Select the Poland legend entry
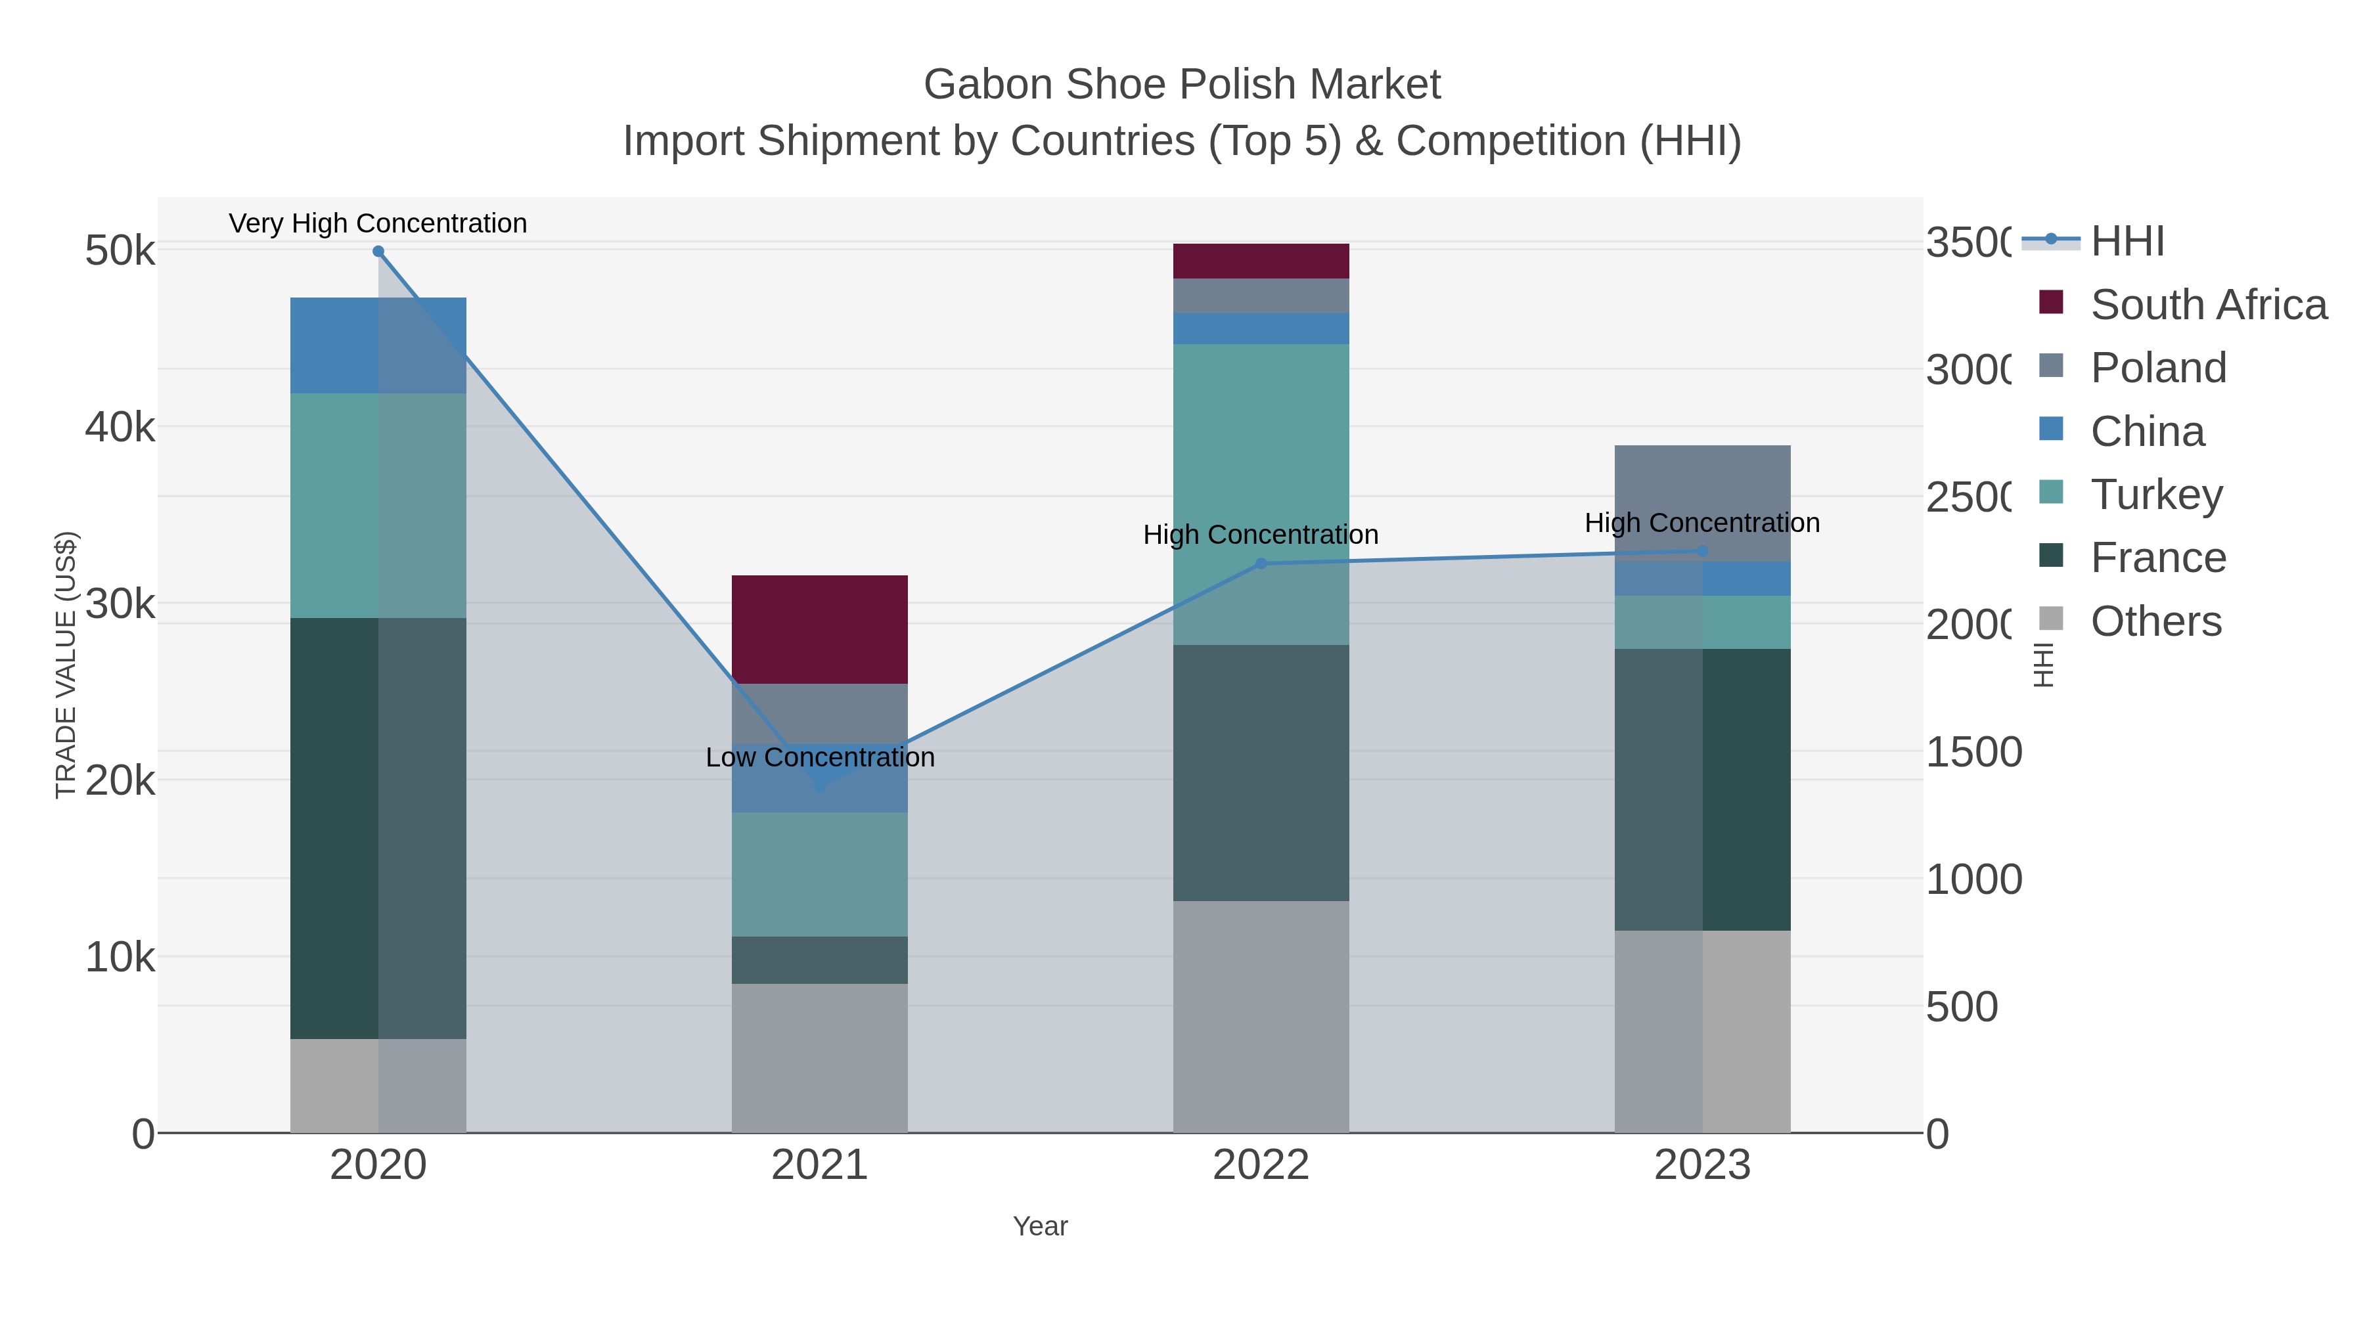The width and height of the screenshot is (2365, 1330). [x=2157, y=368]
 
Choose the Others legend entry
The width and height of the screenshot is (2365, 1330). [x=2155, y=621]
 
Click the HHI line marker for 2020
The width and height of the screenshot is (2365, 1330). [x=378, y=252]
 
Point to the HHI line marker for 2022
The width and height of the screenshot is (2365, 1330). [x=1261, y=564]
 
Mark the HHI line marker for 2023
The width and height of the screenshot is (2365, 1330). [x=1702, y=552]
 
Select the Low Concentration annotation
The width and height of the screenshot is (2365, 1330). [x=820, y=757]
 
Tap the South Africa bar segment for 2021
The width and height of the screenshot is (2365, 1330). [x=819, y=630]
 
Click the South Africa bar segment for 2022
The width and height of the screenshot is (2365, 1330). [x=1261, y=261]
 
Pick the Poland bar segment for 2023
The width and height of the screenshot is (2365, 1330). [x=1702, y=503]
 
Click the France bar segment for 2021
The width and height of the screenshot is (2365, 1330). [x=819, y=960]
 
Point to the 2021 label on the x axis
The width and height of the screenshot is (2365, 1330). [x=819, y=1166]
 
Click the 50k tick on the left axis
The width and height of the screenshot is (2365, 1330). [x=120, y=251]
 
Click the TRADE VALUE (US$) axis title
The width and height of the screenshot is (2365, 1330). [x=66, y=665]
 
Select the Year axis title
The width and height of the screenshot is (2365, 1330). [x=1040, y=1226]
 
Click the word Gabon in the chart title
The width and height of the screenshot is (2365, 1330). [x=987, y=85]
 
